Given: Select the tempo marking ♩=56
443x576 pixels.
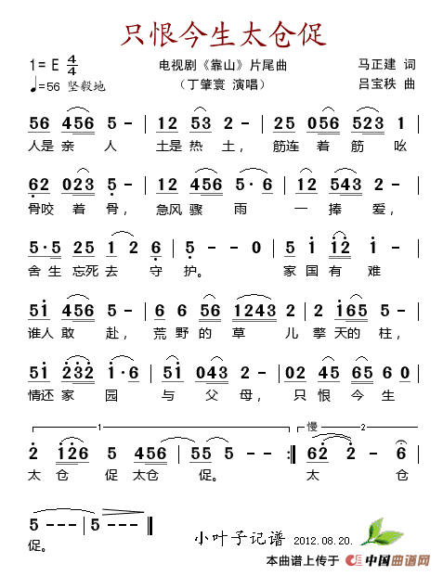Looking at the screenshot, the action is (x=45, y=86).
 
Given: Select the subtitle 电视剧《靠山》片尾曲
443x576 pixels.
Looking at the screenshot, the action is (x=223, y=66).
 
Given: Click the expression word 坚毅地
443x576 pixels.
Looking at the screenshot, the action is (x=85, y=86).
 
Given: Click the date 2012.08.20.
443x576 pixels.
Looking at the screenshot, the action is (x=322, y=540).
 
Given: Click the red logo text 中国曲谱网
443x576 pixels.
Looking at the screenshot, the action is (x=394, y=561).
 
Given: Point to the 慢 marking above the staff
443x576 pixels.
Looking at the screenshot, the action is (x=313, y=426).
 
